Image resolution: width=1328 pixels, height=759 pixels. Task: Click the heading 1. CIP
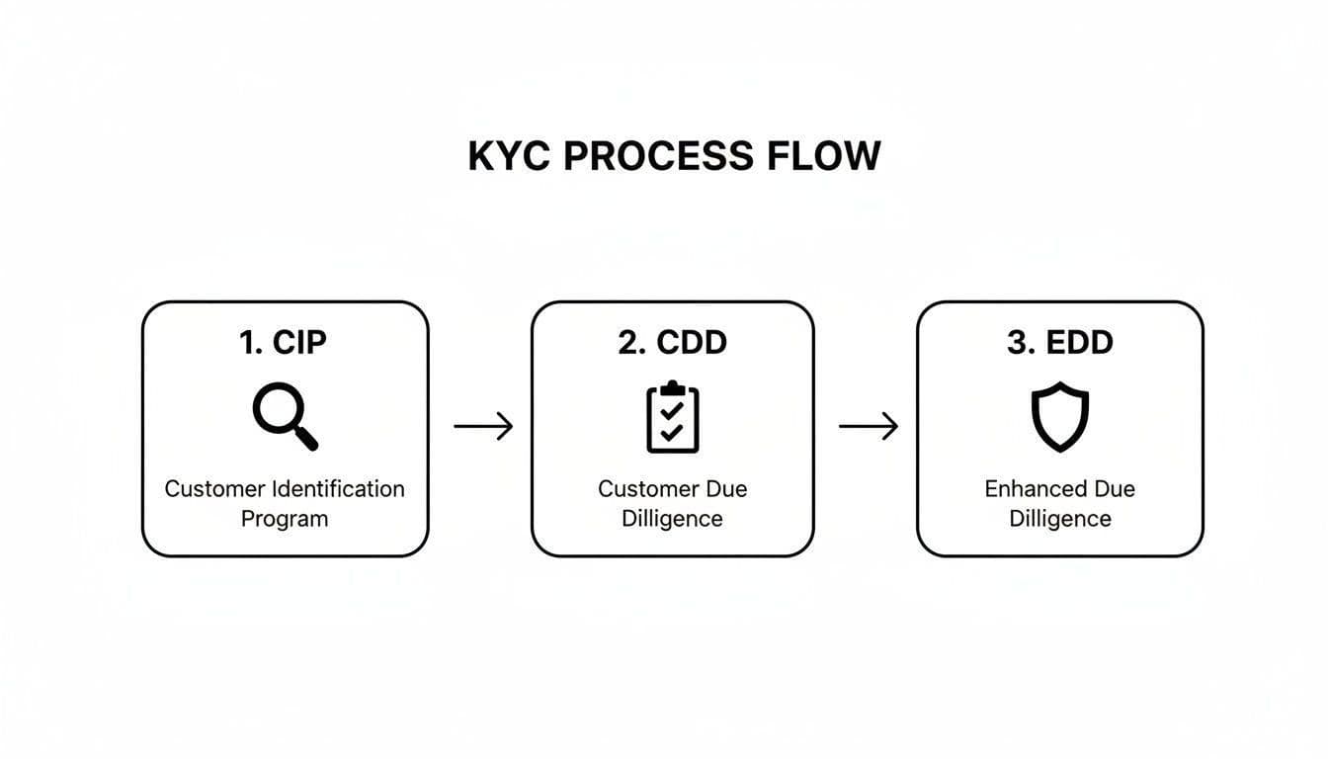click(284, 342)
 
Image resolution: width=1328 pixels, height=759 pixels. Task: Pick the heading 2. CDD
click(672, 342)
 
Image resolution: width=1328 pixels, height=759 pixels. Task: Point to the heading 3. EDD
click(1059, 342)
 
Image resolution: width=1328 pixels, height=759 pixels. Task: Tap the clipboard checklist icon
click(672, 417)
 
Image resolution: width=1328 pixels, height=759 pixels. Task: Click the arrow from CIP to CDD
click(483, 427)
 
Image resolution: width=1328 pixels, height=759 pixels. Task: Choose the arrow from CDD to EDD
click(869, 427)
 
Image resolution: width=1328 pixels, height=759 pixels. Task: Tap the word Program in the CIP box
click(284, 519)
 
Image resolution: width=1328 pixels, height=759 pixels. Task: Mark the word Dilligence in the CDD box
click(672, 519)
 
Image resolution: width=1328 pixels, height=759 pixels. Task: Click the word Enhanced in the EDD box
click(1036, 489)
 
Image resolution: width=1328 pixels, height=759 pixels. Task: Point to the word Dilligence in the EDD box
click(1059, 519)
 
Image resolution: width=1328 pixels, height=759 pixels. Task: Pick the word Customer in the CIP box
click(213, 489)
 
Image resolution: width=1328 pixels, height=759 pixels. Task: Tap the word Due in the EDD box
click(1115, 489)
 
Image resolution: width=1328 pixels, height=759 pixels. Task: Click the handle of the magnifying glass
click(306, 439)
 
